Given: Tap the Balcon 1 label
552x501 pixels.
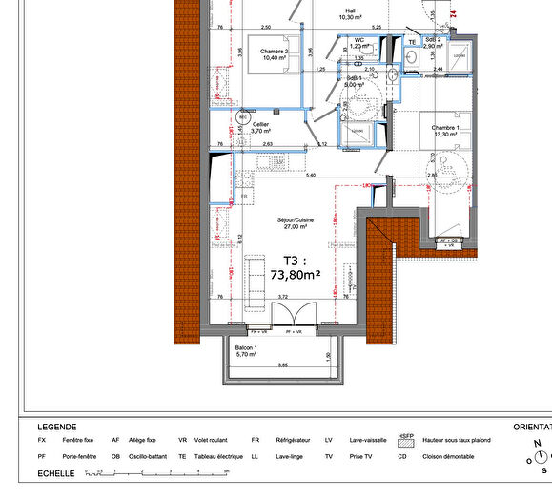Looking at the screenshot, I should (x=246, y=350).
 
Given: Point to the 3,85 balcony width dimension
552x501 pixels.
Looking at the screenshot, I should (x=282, y=366).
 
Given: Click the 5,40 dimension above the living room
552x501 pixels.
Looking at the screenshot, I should (x=311, y=176).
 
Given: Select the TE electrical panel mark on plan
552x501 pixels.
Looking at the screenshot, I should (x=412, y=43).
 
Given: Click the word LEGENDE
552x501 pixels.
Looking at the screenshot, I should (x=57, y=427).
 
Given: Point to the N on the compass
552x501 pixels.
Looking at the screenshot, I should (x=538, y=444).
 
